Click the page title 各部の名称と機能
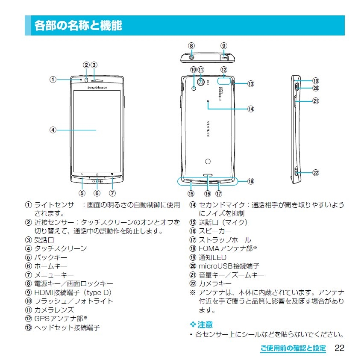pyautogui.click(x=78, y=26)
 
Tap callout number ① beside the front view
pyautogui.click(x=53, y=80)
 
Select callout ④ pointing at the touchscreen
pyautogui.click(x=53, y=130)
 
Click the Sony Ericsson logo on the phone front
pyautogui.click(x=97, y=88)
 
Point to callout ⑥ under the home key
pyautogui.click(x=97, y=193)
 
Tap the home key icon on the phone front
pyautogui.click(x=97, y=174)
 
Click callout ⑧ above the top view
pyautogui.click(x=191, y=46)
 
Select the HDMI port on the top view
pyautogui.click(x=224, y=57)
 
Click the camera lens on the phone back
pyautogui.click(x=201, y=82)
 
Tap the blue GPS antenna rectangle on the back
pyautogui.click(x=224, y=81)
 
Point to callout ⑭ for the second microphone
pyautogui.click(x=251, y=109)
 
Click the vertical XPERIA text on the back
pyautogui.click(x=208, y=129)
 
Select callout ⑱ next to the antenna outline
pyautogui.click(x=251, y=181)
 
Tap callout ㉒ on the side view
pyautogui.click(x=316, y=173)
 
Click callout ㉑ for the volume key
pyautogui.click(x=316, y=101)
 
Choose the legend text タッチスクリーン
pyautogui.click(x=61, y=248)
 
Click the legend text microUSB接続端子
pyautogui.click(x=229, y=266)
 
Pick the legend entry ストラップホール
pyautogui.click(x=225, y=240)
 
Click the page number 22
pyautogui.click(x=339, y=348)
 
